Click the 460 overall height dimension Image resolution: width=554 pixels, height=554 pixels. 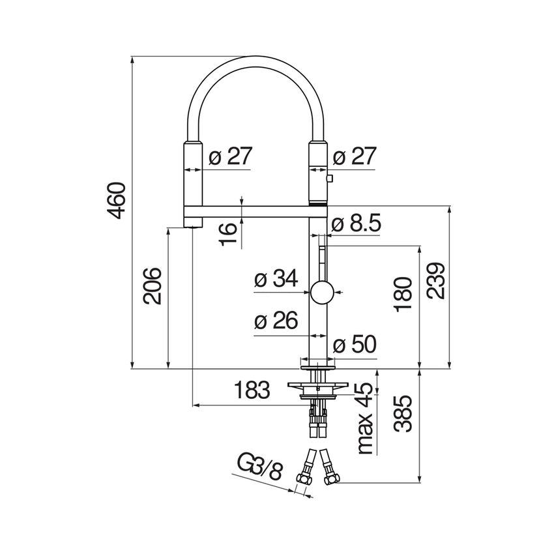tap(116, 201)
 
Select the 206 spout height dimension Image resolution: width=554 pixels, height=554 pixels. tap(152, 286)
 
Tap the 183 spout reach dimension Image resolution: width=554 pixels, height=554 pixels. tap(252, 390)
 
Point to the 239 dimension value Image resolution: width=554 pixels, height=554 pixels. tap(435, 281)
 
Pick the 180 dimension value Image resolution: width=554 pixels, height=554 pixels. tap(403, 295)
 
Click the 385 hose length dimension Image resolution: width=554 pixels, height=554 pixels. tap(403, 413)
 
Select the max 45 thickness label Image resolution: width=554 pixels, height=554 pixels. tap(365, 418)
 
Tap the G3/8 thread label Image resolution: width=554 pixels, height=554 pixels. tap(259, 468)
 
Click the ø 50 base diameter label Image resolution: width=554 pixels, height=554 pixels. tap(355, 344)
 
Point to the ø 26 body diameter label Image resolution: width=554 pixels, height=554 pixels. tap(276, 321)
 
